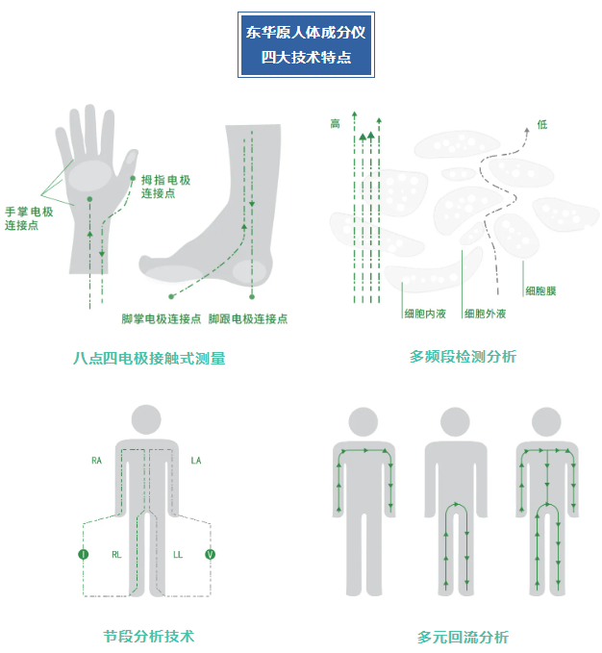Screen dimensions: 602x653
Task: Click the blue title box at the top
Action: point(306,44)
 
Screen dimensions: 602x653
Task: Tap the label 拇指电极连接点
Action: point(165,187)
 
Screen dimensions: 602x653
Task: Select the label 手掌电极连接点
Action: point(29,218)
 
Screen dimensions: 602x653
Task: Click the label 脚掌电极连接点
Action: point(162,319)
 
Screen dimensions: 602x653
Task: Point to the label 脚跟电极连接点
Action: point(248,319)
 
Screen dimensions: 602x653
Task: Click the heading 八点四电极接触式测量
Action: point(149,358)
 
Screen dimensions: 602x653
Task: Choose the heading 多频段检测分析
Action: point(463,357)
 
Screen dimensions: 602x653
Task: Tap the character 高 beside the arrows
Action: point(335,124)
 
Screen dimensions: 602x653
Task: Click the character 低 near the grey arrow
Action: point(542,124)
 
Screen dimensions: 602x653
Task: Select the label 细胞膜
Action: point(540,291)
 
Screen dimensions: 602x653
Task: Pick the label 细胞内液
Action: point(425,314)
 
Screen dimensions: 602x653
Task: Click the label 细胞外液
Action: point(485,314)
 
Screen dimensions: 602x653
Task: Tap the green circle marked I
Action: point(84,554)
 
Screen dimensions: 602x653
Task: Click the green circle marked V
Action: point(211,554)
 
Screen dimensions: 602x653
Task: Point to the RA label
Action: point(96,461)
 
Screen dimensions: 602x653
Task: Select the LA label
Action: point(196,461)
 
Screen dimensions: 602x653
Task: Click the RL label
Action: point(116,555)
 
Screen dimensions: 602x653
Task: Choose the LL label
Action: point(178,555)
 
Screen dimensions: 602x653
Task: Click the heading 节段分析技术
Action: point(149,636)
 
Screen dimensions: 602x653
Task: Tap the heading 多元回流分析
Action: point(463,638)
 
